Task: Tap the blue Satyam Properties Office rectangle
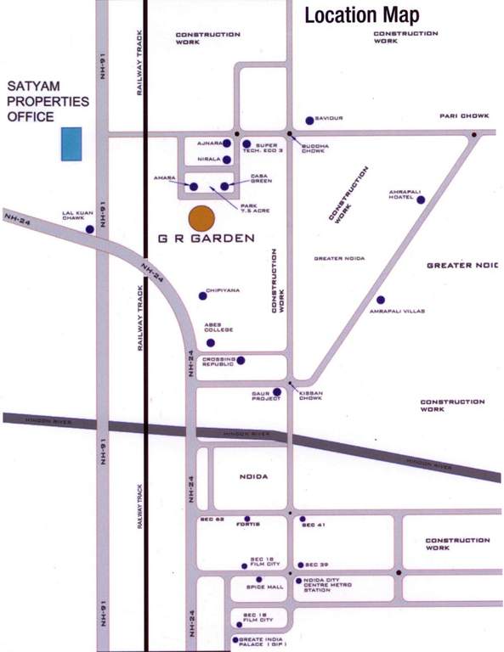pos(71,144)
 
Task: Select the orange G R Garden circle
pos(201,218)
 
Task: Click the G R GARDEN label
pos(206,239)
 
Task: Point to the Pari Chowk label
pos(463,115)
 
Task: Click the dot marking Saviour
pos(309,121)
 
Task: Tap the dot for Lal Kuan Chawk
pos(89,229)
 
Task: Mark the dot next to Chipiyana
pos(202,295)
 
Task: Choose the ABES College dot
pos(210,343)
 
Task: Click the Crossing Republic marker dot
pos(241,361)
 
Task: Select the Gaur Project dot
pos(277,392)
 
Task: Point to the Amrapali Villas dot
pos(381,300)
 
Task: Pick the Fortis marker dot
pos(247,519)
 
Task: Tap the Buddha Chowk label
pos(314,149)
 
